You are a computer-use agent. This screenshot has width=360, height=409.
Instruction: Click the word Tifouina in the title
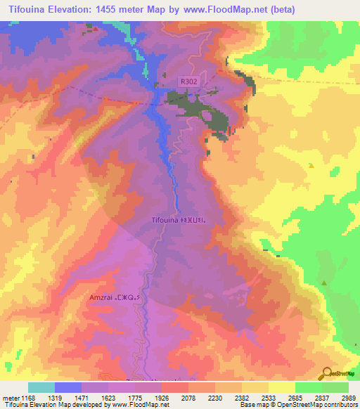(29, 9)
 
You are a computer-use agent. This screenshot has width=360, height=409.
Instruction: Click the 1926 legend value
(162, 396)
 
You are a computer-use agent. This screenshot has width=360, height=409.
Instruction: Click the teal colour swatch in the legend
(41, 387)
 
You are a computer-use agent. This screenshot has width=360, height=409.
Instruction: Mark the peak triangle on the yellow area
(310, 165)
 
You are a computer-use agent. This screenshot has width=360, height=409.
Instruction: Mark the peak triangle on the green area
(324, 283)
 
